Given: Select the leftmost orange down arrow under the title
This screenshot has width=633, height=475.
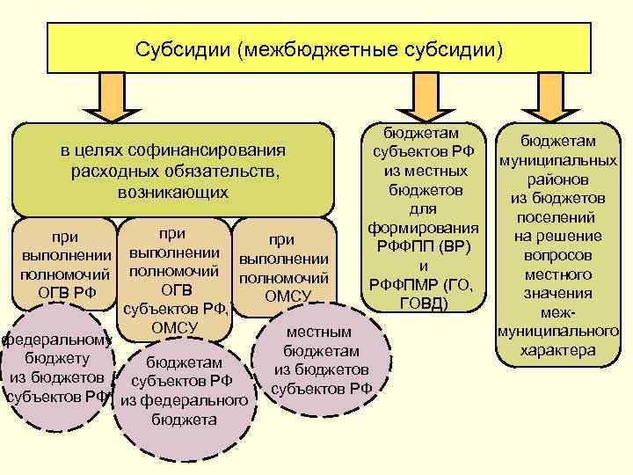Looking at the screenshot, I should click(112, 96).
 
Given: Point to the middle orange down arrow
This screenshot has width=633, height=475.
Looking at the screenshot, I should click(418, 96).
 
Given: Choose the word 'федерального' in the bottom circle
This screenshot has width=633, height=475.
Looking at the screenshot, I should click(182, 401).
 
